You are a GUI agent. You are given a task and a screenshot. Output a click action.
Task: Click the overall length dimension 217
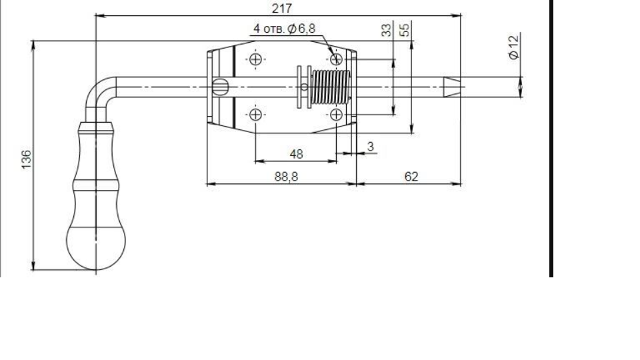pyautogui.click(x=281, y=8)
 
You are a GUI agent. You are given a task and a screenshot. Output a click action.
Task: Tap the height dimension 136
pyautogui.click(x=26, y=159)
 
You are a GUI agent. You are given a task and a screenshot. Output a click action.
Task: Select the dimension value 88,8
pyautogui.click(x=286, y=177)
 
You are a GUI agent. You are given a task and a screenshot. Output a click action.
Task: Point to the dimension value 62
pyautogui.click(x=411, y=176)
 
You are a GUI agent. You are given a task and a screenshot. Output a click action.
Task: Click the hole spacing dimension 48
pyautogui.click(x=296, y=154)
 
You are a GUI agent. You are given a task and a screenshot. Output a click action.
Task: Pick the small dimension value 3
pyautogui.click(x=371, y=146)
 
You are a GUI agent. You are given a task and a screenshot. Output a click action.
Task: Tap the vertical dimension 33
pyautogui.click(x=386, y=30)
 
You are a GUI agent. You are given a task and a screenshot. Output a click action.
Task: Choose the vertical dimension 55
pyautogui.click(x=404, y=30)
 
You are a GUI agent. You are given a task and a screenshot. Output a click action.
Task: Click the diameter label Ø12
pyautogui.click(x=514, y=47)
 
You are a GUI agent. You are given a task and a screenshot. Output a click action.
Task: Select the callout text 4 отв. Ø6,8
pyautogui.click(x=285, y=29)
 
